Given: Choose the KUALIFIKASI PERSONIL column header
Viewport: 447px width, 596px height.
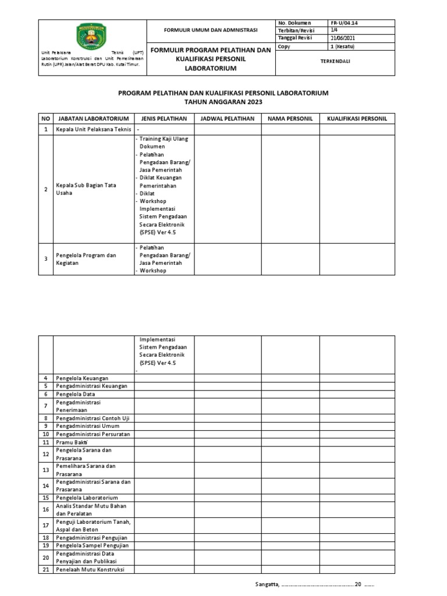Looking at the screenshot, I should pyautogui.click(x=357, y=119).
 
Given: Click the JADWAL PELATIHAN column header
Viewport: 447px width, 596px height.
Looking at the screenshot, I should pyautogui.click(x=227, y=119).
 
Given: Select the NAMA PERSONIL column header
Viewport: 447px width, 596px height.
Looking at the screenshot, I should pyautogui.click(x=290, y=119).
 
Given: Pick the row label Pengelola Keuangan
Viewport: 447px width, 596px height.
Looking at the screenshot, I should pyautogui.click(x=82, y=378).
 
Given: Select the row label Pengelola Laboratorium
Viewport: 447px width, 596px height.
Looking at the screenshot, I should pyautogui.click(x=87, y=498).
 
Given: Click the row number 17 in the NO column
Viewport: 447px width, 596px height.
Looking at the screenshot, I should pyautogui.click(x=45, y=524).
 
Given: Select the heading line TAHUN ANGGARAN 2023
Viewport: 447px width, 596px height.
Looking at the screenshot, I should pyautogui.click(x=223, y=101).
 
